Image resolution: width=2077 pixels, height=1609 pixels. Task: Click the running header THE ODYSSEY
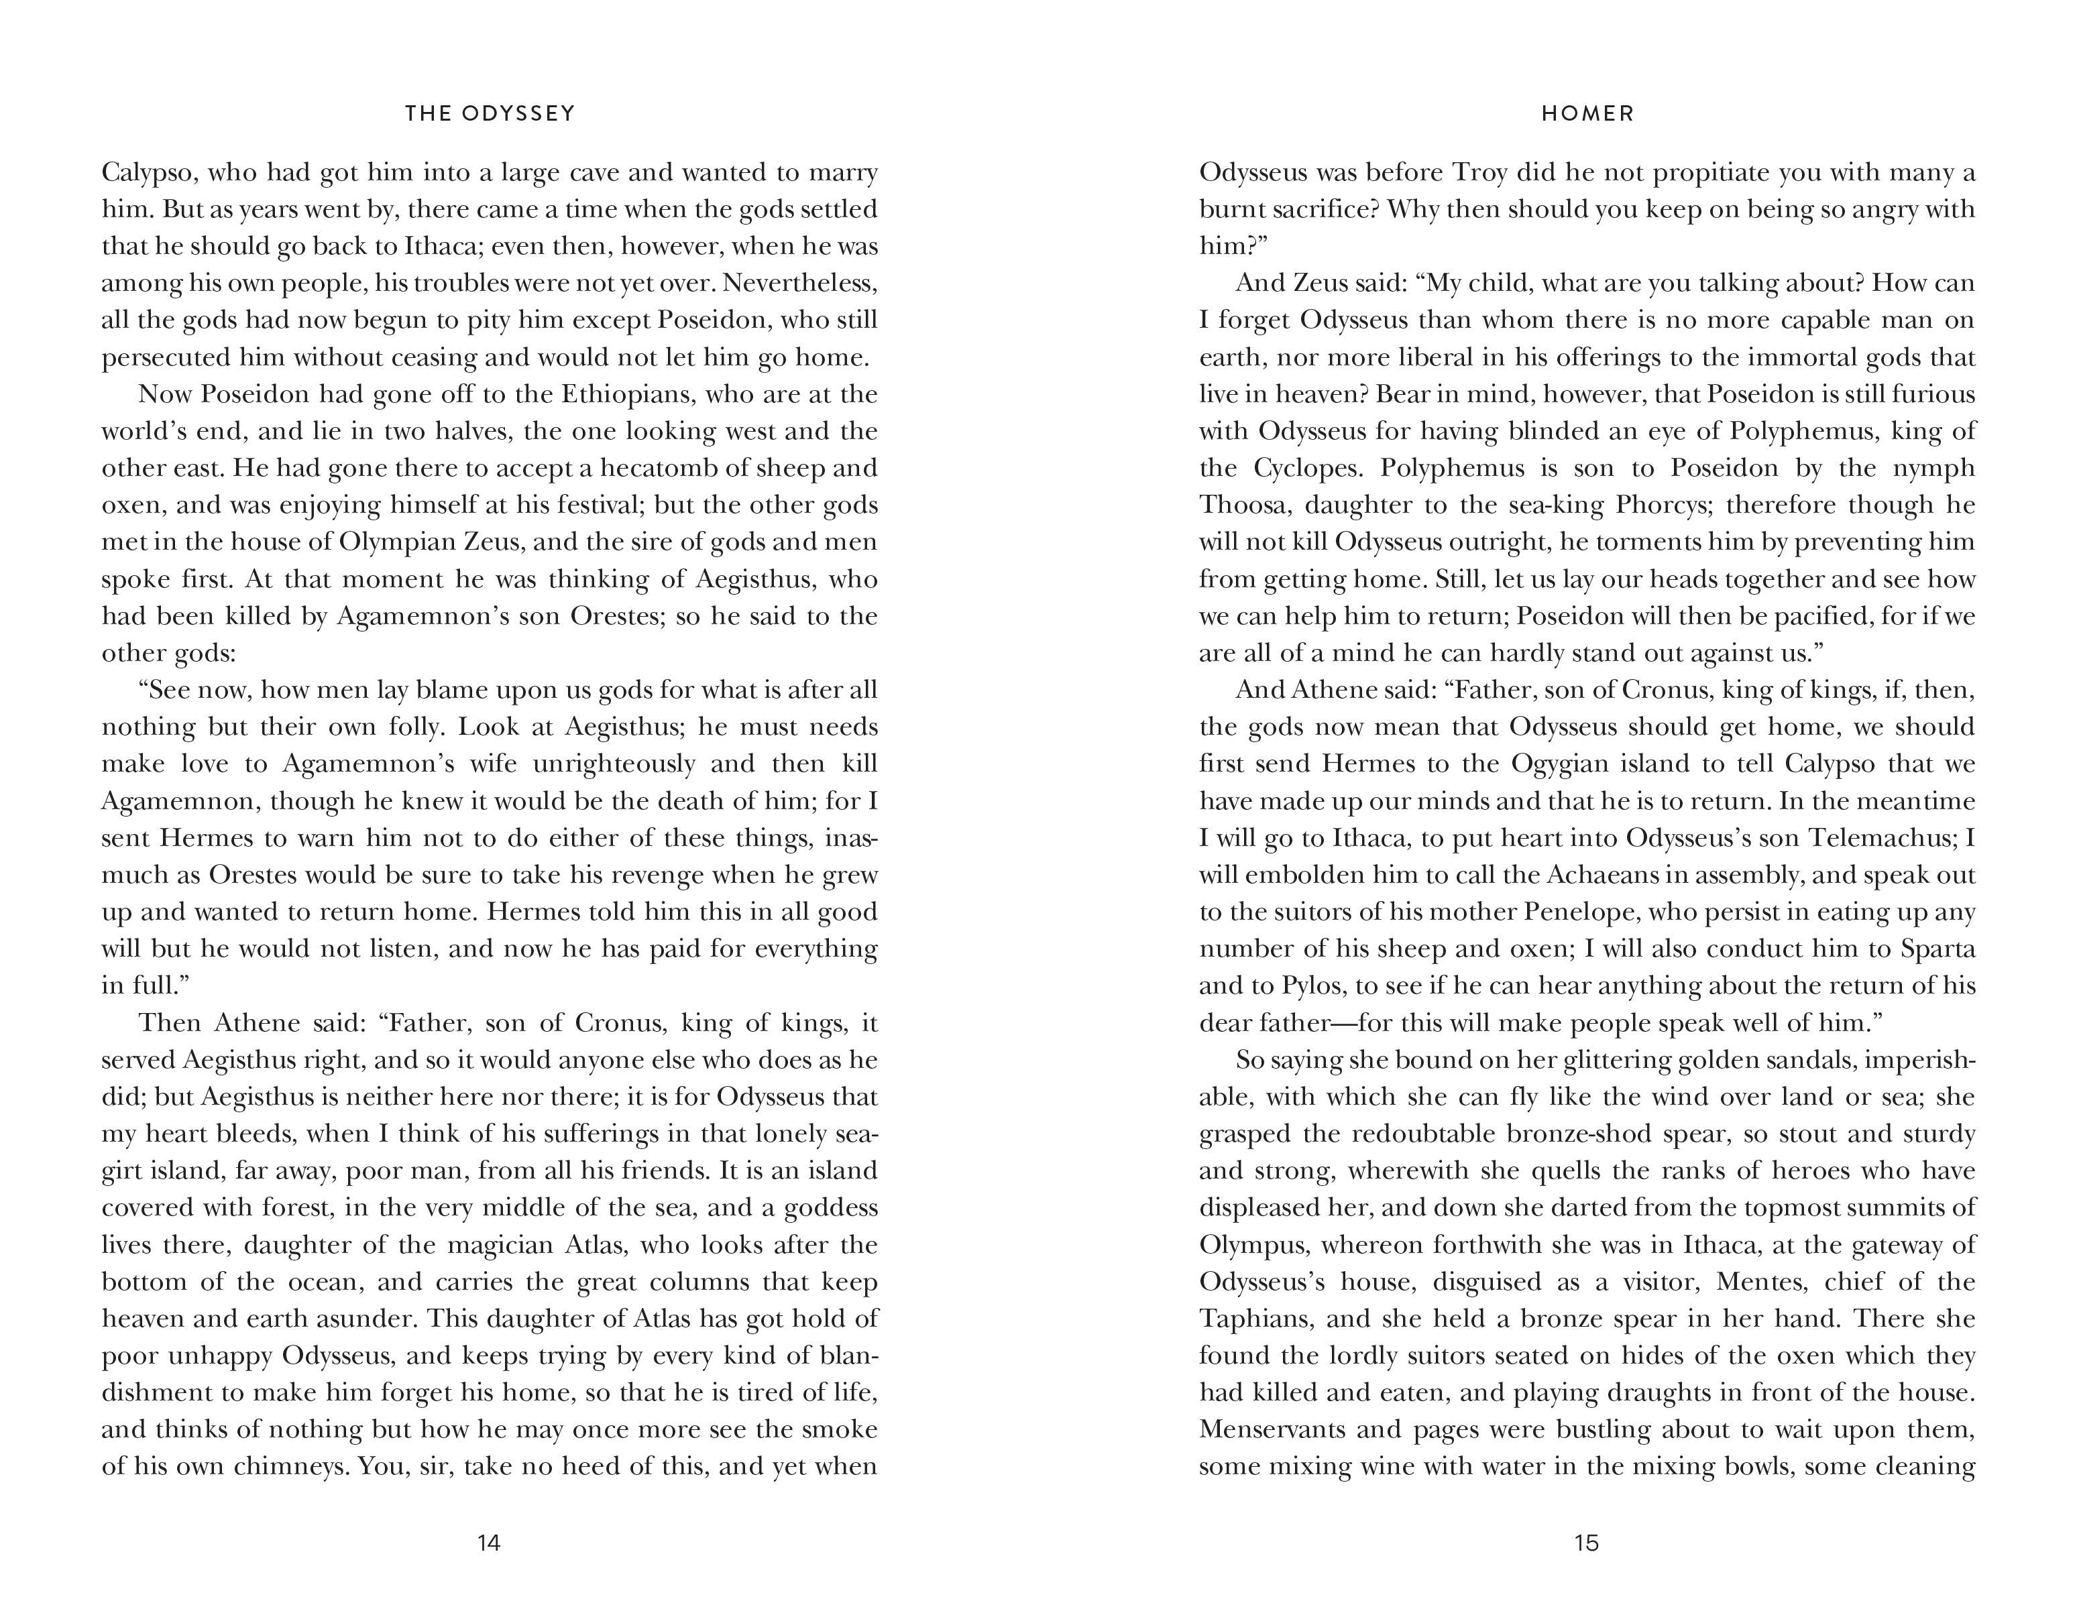tap(490, 114)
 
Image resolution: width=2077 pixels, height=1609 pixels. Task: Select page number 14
tap(489, 1543)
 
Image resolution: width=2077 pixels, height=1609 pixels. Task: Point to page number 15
tap(1586, 1543)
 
